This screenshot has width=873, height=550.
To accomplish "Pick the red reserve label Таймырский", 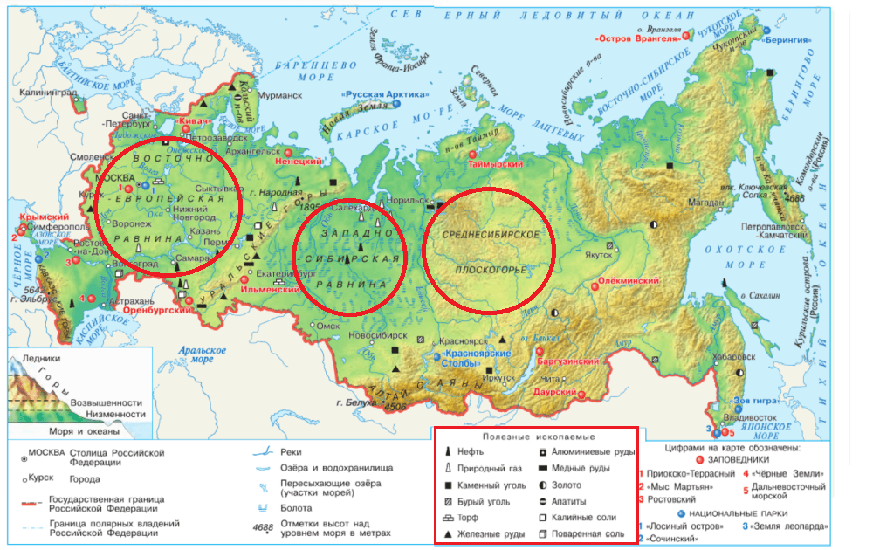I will tap(497, 164).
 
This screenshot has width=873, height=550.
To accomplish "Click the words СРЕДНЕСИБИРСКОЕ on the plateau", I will tap(490, 237).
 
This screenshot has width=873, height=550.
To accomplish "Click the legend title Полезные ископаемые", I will tap(536, 437).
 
